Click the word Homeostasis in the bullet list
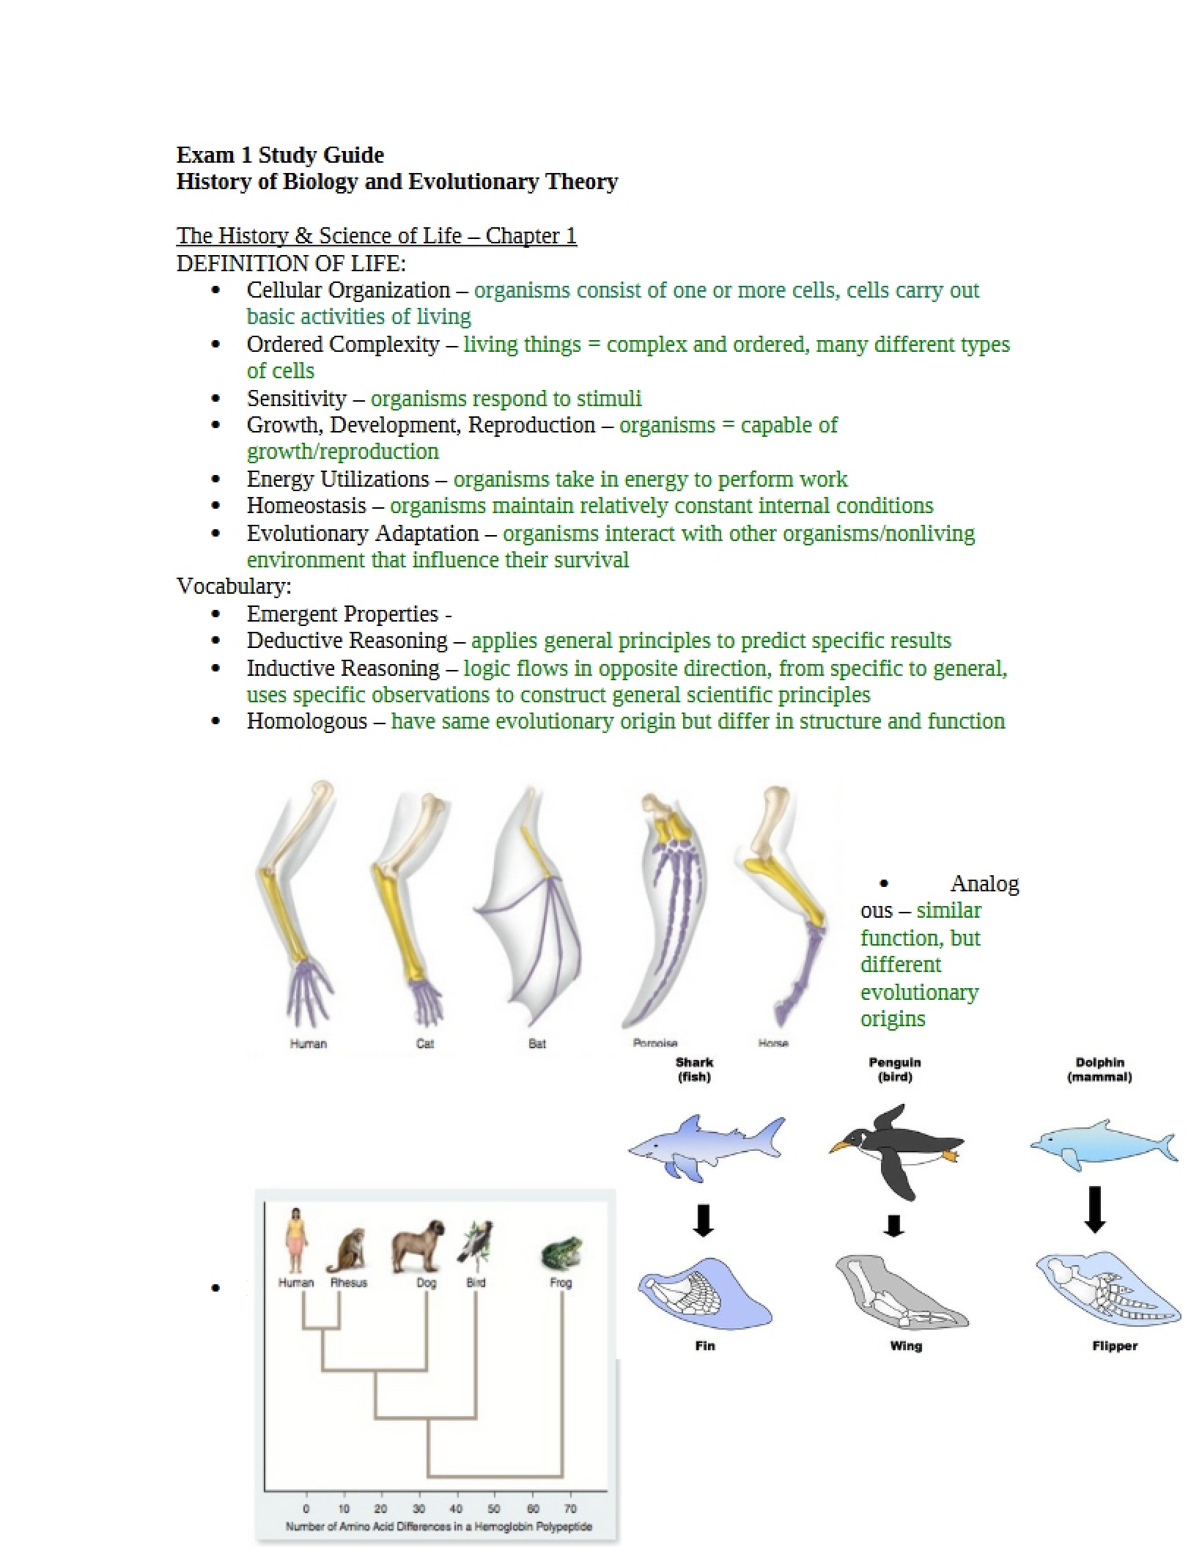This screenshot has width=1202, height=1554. click(306, 506)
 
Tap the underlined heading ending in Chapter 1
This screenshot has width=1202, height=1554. click(377, 236)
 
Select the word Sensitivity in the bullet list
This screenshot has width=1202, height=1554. click(296, 399)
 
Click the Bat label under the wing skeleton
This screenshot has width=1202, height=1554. click(537, 1043)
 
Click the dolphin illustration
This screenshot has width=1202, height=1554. click(1104, 1144)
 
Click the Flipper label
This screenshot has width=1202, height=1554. click(1115, 1346)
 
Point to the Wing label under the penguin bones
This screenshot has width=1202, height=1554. click(906, 1346)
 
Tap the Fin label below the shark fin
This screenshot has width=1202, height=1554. click(705, 1346)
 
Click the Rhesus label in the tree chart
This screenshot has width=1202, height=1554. click(349, 1283)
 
